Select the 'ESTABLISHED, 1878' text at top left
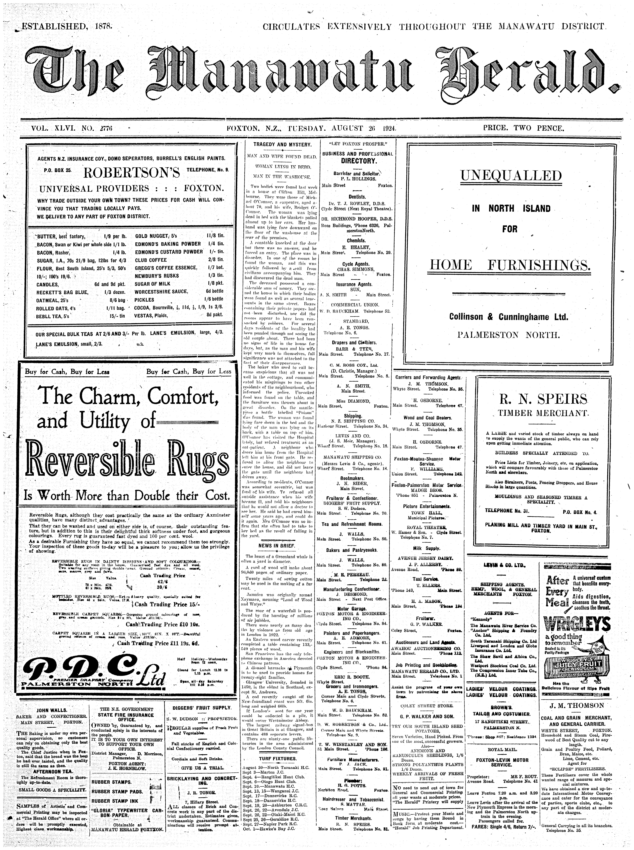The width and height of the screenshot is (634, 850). [x=65, y=27]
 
